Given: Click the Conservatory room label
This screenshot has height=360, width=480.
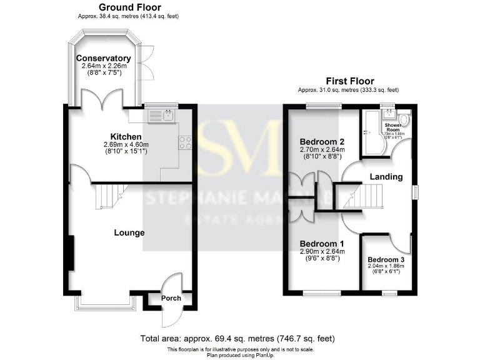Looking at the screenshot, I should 103,58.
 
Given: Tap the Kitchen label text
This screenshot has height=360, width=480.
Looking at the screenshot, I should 126,137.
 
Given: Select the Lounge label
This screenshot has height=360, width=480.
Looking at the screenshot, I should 129,232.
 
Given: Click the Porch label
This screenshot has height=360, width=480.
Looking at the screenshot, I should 171,298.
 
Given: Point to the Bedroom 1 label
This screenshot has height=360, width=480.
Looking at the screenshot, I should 321,244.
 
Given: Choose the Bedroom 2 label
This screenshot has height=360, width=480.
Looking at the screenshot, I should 321,141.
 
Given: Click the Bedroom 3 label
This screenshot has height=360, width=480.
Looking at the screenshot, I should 386,259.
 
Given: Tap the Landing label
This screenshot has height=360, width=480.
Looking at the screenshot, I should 386,177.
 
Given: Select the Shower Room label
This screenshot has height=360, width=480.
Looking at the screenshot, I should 393,126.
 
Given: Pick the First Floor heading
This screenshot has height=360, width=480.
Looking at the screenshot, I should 350,81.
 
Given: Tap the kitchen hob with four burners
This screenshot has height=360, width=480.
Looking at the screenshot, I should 185,142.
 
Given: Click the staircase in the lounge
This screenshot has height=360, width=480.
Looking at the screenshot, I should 107,197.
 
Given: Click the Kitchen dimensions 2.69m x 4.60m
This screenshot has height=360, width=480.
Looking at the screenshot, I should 126,145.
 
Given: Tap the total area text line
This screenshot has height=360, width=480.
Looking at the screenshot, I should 239,338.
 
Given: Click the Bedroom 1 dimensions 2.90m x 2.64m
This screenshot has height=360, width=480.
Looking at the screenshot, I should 321,252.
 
